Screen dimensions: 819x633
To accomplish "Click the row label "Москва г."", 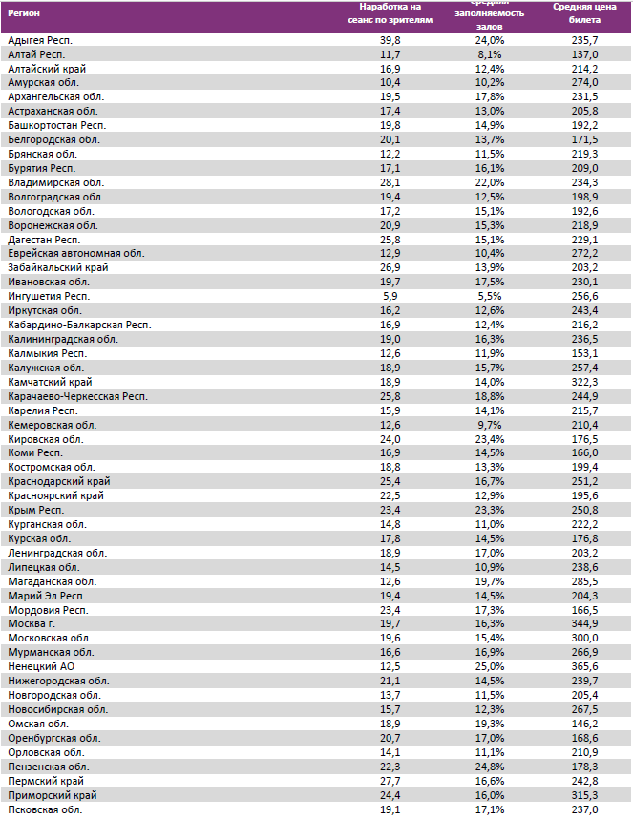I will [32, 623].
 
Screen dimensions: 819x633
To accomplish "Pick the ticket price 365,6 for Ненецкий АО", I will [583, 666].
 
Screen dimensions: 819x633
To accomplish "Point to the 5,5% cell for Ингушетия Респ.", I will [489, 296].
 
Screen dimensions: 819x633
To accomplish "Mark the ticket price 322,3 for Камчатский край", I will [583, 382].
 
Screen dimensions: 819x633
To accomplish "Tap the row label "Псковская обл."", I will [44, 809].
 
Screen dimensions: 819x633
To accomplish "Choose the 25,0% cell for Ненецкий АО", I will [489, 666].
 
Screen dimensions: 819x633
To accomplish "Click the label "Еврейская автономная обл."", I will [75, 253].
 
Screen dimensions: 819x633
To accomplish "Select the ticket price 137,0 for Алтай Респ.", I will [583, 55].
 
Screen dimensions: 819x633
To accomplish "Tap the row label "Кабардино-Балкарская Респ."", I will [79, 325].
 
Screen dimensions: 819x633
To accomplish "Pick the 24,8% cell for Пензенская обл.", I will [489, 766].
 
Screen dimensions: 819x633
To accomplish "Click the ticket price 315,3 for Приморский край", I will [583, 795].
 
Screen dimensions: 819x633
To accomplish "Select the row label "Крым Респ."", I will [35, 510].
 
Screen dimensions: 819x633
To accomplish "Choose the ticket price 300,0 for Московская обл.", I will [583, 638].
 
